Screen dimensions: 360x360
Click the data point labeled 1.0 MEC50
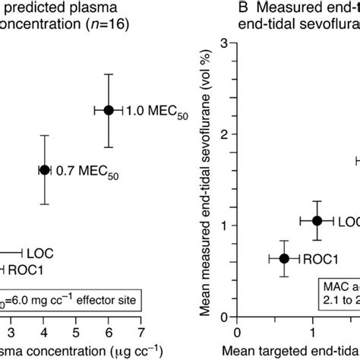pyautogui.click(x=109, y=111)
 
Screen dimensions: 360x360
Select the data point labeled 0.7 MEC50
pyautogui.click(x=44, y=170)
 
